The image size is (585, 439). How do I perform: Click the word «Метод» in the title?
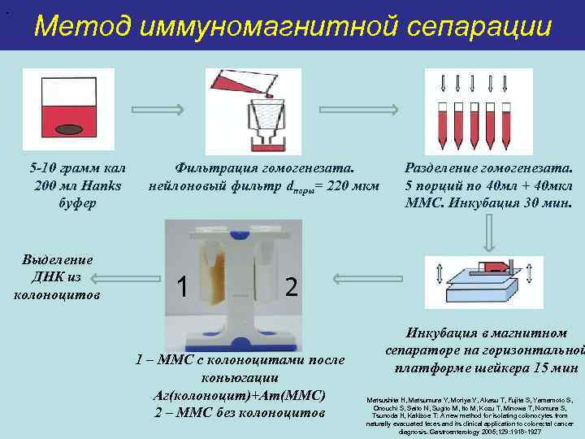(x=82, y=27)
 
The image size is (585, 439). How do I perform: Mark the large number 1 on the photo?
(x=184, y=285)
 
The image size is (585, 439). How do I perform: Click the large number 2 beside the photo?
(x=292, y=286)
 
